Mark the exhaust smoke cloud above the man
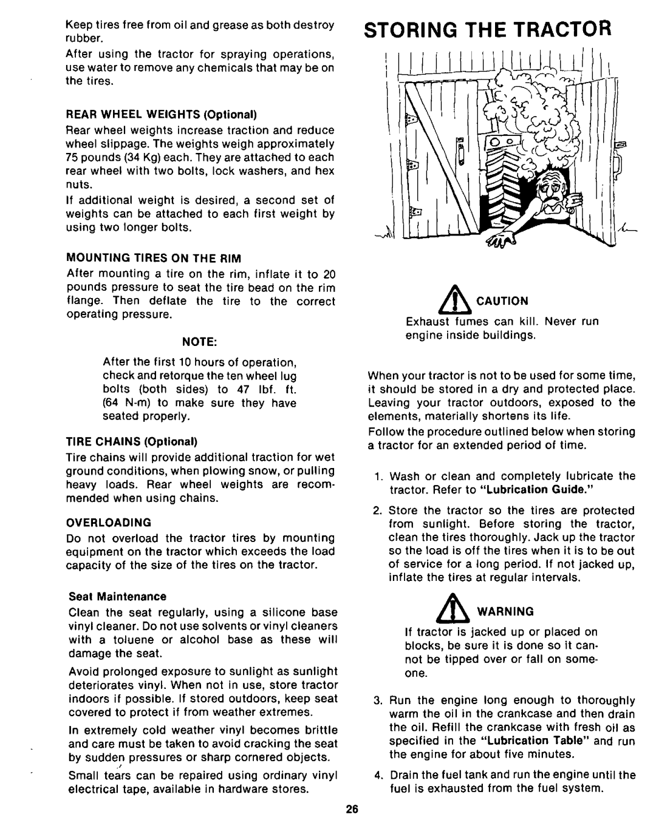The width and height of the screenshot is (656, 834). (535, 115)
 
